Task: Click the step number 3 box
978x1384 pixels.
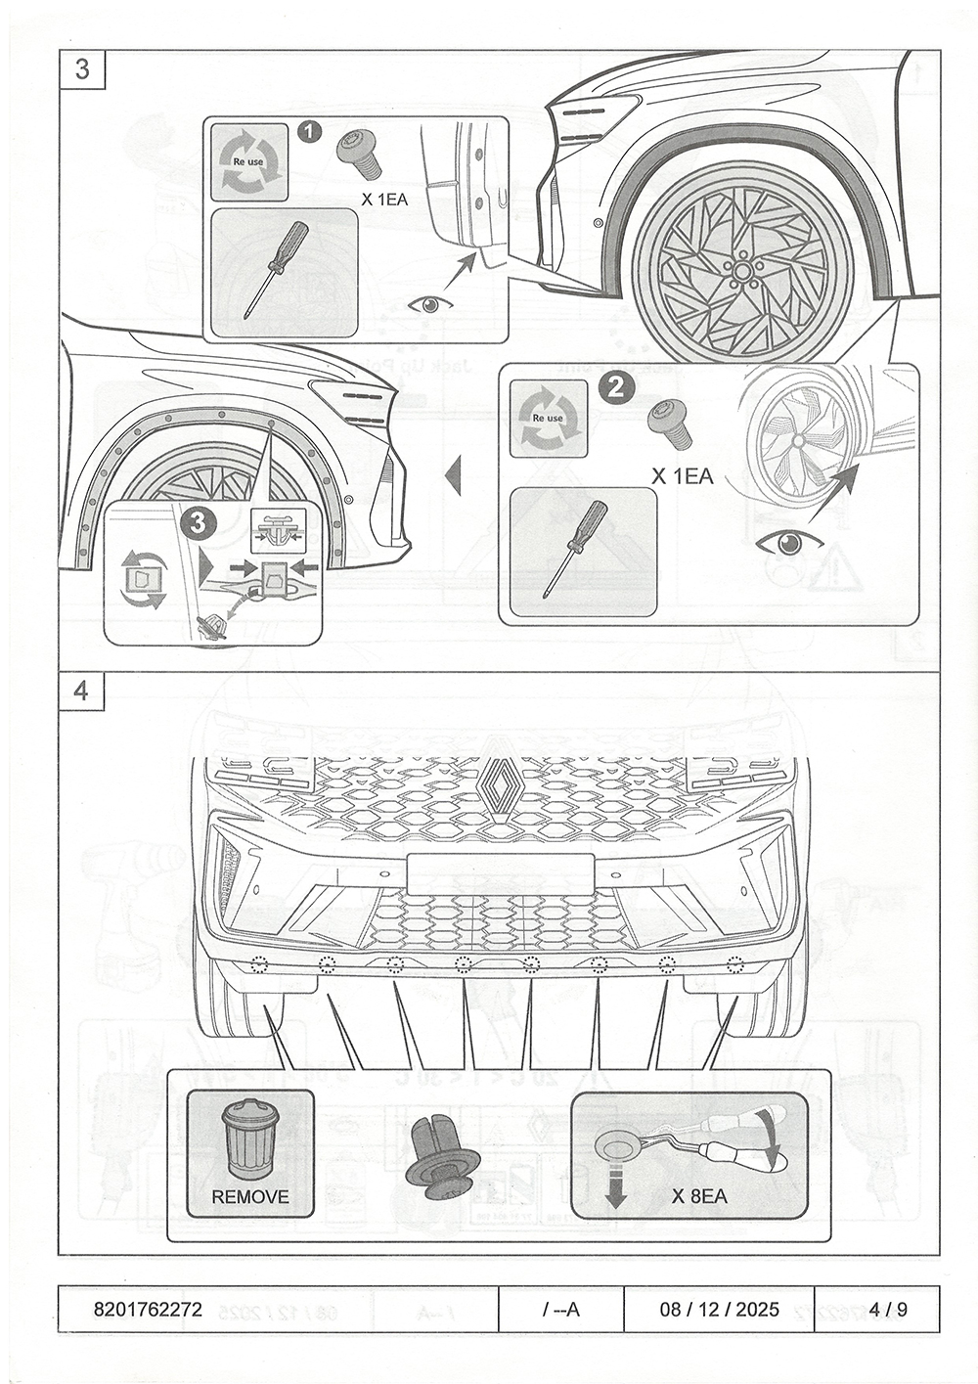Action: click(81, 69)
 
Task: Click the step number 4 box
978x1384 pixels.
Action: click(81, 691)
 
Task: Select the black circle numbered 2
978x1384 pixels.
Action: click(617, 387)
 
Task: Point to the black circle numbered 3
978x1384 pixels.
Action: click(199, 523)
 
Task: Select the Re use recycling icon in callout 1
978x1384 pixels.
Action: click(250, 161)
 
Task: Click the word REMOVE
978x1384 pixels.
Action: click(250, 1196)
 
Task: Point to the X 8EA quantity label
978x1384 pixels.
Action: click(699, 1196)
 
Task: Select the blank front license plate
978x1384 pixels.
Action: click(500, 873)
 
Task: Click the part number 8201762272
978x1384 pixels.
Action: click(149, 1310)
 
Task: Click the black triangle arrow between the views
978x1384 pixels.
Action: click(453, 477)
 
